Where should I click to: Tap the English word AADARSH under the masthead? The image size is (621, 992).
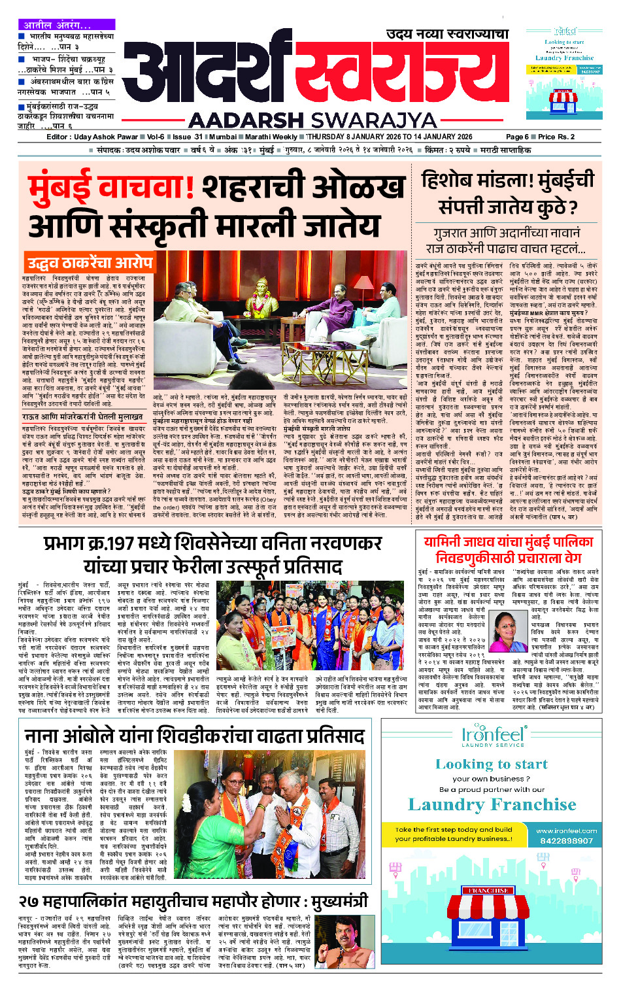[x=245, y=120]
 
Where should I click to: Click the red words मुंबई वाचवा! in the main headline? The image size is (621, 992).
[x=111, y=186]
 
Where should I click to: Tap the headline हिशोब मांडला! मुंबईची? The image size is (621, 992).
[x=508, y=180]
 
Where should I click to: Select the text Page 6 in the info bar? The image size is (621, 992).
[x=517, y=137]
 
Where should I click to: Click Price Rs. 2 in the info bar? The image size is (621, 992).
[x=556, y=137]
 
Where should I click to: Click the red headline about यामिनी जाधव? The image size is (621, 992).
[x=508, y=550]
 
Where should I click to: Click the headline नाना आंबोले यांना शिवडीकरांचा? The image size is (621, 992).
[x=194, y=736]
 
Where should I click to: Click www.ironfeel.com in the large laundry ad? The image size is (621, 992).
[x=566, y=830]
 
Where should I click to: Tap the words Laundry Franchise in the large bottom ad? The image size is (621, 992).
[x=492, y=804]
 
